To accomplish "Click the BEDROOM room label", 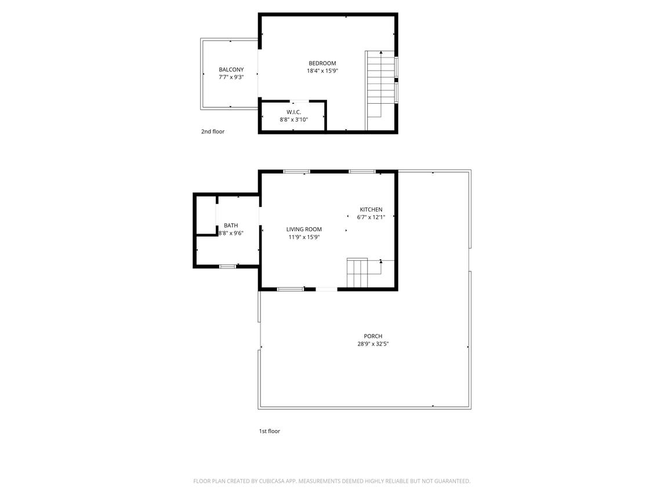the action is point(322,64).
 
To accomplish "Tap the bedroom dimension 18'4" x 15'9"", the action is point(322,71).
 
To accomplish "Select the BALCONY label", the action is point(231,70).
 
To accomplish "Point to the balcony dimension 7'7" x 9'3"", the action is point(231,77).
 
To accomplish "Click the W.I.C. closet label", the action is point(293,112).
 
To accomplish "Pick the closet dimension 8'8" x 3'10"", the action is point(293,120).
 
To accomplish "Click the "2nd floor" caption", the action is point(213,132).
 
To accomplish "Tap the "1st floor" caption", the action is point(269,431).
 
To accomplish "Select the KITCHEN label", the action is point(371,210).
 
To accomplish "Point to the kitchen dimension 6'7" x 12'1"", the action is point(371,217).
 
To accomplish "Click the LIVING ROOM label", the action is point(304,230).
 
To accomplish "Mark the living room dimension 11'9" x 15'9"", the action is point(304,237).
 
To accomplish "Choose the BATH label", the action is point(231,226).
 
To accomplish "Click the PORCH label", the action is point(373,336).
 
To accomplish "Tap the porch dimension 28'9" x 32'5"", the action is point(373,344).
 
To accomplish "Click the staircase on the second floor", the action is point(380,90).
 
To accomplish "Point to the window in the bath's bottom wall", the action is point(227,266).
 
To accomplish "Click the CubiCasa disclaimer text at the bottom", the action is point(332,481).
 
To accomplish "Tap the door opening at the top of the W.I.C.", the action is point(299,101).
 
